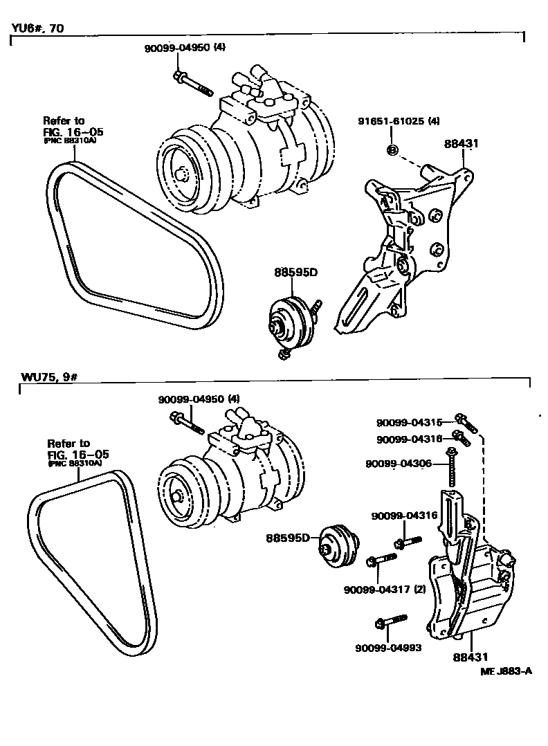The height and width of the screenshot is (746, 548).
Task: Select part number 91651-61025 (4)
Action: point(399,121)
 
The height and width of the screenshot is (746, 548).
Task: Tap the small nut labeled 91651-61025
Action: point(391,149)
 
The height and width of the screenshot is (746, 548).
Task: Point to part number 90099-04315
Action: point(414,422)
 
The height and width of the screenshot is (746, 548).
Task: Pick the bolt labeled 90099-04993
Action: point(387,623)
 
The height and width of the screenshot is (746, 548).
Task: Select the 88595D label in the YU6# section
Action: point(295,272)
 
